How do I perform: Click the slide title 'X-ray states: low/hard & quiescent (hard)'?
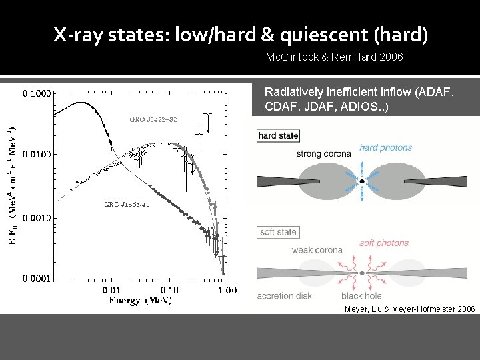241,35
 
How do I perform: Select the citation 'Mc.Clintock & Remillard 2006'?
334,57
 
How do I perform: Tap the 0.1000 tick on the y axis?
36,94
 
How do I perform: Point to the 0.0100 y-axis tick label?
36,155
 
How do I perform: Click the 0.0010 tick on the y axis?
36,217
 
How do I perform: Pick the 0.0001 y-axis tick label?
36,278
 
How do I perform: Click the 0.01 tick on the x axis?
111,290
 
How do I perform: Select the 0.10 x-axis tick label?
169,290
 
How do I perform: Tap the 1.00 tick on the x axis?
227,290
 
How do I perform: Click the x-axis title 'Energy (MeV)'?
141,301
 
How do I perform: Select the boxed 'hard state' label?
278,136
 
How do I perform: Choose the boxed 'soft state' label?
277,232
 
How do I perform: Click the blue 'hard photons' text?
385,148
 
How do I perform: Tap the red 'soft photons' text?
383,243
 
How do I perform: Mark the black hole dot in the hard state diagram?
361,181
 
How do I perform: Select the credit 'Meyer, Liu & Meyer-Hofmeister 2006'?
409,309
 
